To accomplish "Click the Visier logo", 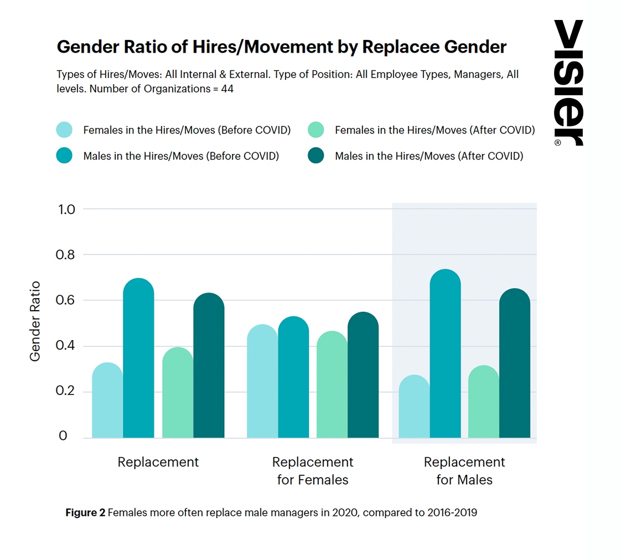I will (x=568, y=83).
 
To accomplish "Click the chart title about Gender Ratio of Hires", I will (x=281, y=47).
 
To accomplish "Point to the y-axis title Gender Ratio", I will (x=35, y=321).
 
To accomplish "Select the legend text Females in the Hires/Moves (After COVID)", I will (x=434, y=130).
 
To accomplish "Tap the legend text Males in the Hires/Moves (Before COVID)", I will (x=181, y=156).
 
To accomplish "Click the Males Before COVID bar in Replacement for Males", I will (x=445, y=355).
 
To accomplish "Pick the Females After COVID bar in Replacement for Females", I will (x=332, y=385).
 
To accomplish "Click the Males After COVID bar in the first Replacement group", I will (x=209, y=366).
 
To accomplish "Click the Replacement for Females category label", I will (x=313, y=471).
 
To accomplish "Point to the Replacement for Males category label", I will (x=464, y=471).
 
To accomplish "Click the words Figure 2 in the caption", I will (x=85, y=512).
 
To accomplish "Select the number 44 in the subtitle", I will (x=227, y=89).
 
